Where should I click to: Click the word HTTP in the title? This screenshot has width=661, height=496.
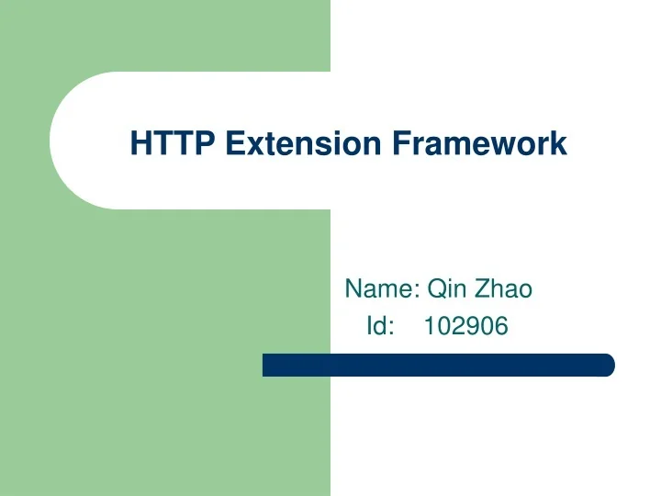pos(172,144)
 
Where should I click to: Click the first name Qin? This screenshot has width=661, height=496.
pos(447,289)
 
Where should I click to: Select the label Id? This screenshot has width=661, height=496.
pos(380,325)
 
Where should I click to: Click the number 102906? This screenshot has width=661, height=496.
pos(465,325)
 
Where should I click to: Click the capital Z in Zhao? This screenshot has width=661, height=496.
pos(482,289)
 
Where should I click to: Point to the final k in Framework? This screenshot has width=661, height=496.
pos(559,144)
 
